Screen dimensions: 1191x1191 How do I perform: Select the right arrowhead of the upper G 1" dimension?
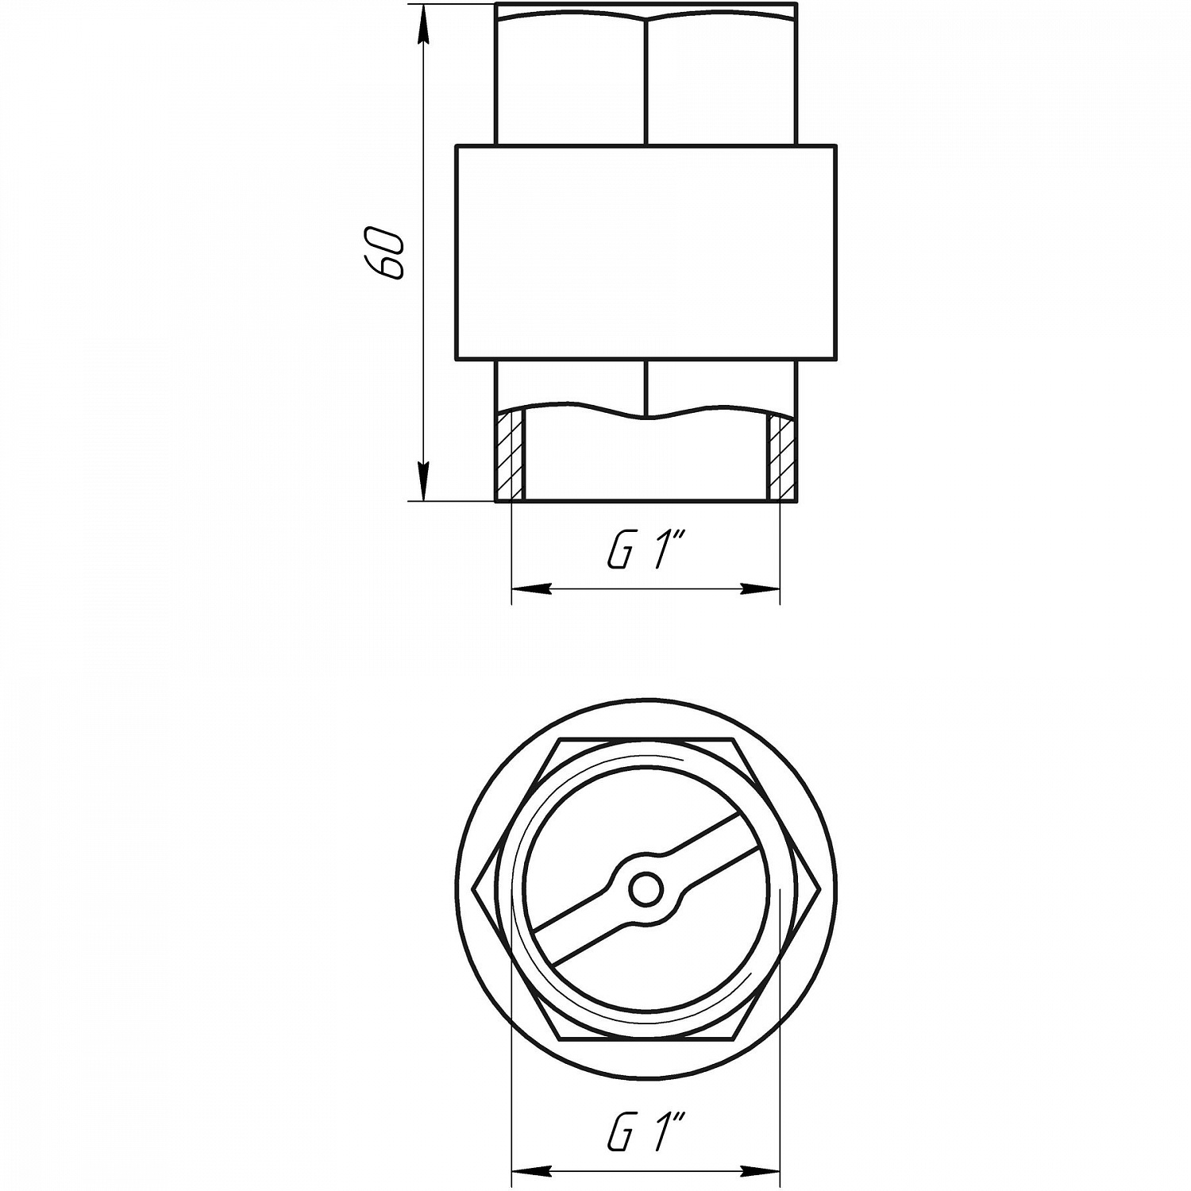coord(759,589)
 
